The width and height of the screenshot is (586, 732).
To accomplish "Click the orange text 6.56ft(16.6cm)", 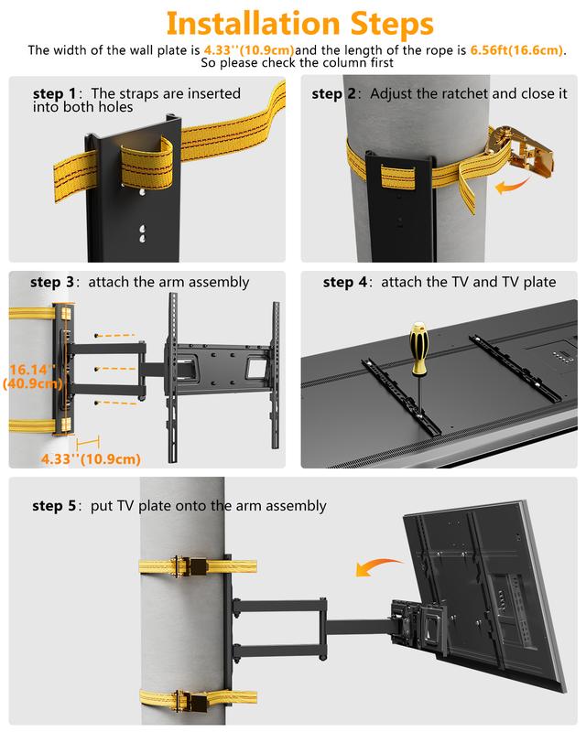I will click(516, 49).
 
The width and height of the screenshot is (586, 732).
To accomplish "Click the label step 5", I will click(54, 505).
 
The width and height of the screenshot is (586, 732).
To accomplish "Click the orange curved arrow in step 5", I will click(378, 566).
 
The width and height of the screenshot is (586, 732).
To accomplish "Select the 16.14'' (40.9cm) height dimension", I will click(31, 377).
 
